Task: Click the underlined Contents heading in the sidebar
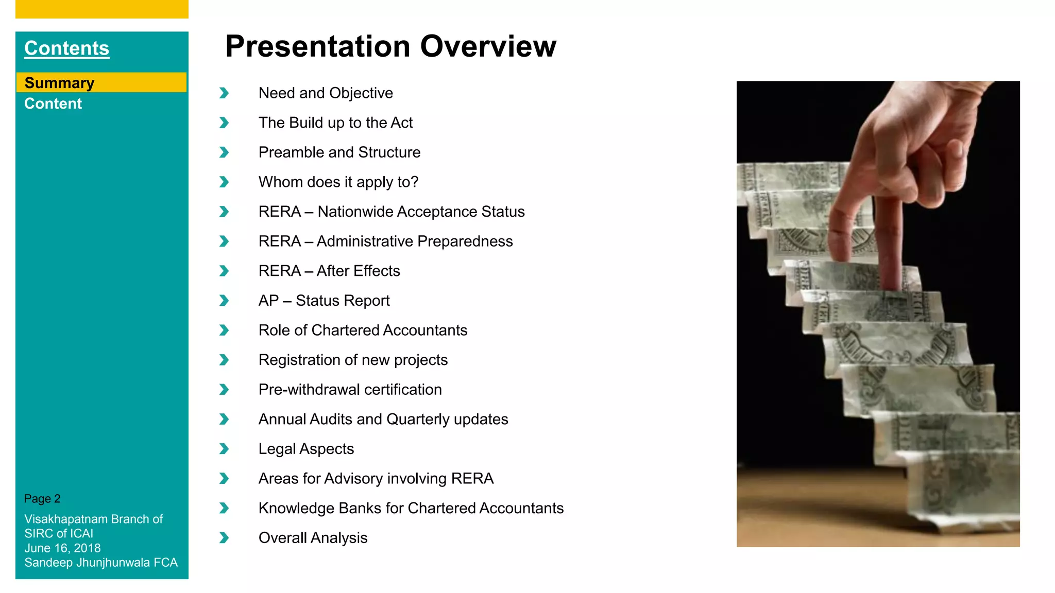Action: click(x=66, y=48)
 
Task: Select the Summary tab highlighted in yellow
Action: click(x=59, y=83)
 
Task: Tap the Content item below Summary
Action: click(x=53, y=103)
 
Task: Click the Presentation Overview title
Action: click(x=390, y=46)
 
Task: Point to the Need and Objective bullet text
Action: click(x=326, y=93)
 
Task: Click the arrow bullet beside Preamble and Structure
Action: click(x=224, y=152)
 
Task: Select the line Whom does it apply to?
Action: click(x=338, y=182)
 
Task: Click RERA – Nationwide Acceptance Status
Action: click(x=391, y=212)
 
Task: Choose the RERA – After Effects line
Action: click(x=329, y=271)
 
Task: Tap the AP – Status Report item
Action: click(x=324, y=301)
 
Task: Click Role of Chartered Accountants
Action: click(x=363, y=330)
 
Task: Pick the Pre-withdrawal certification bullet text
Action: click(x=350, y=390)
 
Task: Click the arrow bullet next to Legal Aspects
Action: click(x=224, y=449)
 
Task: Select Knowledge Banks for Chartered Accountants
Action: click(x=411, y=508)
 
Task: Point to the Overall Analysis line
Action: click(x=313, y=538)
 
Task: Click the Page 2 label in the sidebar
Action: click(x=42, y=499)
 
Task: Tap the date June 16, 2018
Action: click(x=62, y=548)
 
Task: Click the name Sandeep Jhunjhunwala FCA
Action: click(x=100, y=563)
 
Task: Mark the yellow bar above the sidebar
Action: click(x=102, y=9)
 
